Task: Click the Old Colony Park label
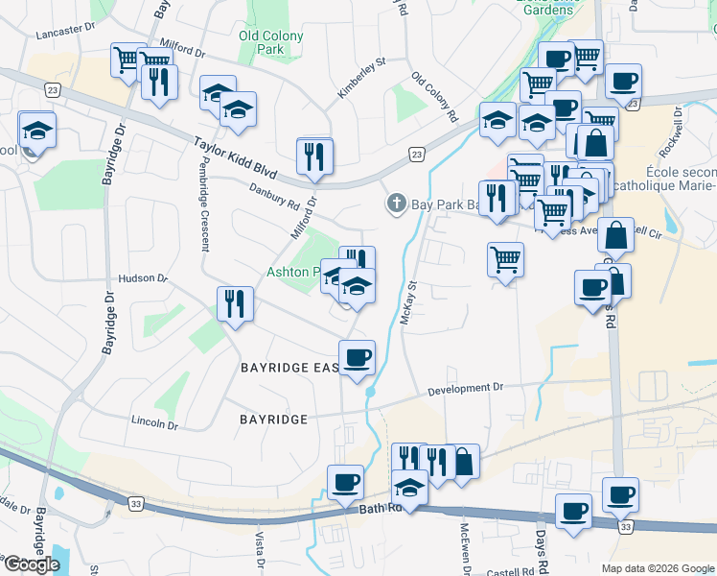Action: pyautogui.click(x=271, y=42)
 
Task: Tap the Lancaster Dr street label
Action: pyautogui.click(x=67, y=32)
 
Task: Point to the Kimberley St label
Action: pyautogui.click(x=360, y=77)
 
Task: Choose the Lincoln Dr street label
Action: pyautogui.click(x=154, y=423)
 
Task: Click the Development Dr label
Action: pyautogui.click(x=465, y=389)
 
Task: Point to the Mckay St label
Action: pyautogui.click(x=408, y=302)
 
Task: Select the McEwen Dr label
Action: pyautogui.click(x=465, y=547)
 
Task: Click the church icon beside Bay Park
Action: pyautogui.click(x=395, y=203)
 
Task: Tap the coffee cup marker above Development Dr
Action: pyautogui.click(x=358, y=357)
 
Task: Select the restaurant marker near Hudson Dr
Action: pyautogui.click(x=235, y=304)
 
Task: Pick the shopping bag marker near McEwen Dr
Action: pyautogui.click(x=463, y=462)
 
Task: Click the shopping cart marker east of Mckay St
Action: pyautogui.click(x=505, y=258)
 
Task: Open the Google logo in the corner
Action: pyautogui.click(x=32, y=564)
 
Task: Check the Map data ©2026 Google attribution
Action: pyautogui.click(x=657, y=568)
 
